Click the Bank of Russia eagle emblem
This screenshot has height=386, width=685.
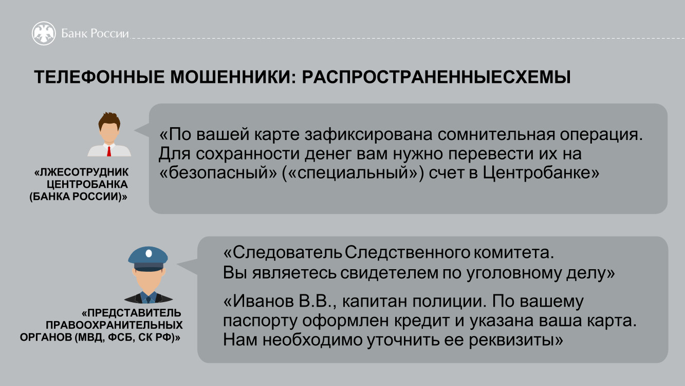pos(44,33)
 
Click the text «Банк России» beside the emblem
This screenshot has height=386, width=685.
pos(95,33)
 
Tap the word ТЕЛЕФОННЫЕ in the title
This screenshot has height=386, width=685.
pos(99,77)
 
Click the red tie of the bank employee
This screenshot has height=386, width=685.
pos(109,151)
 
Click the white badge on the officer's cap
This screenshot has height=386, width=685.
pos(149,253)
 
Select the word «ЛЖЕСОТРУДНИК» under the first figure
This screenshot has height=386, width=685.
pos(81,172)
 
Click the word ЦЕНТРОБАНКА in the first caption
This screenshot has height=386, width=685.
pos(87,184)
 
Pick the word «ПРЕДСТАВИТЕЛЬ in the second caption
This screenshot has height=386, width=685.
pos(132,313)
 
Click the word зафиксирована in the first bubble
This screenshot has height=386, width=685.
pos(368,135)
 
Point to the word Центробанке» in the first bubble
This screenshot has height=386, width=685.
pos(541,173)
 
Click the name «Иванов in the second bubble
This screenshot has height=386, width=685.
pos(258,302)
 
